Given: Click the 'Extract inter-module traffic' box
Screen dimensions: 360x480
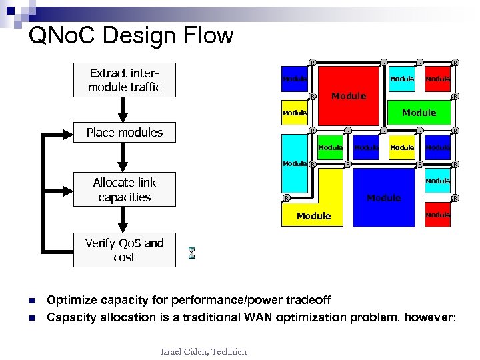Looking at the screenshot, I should click(x=125, y=80).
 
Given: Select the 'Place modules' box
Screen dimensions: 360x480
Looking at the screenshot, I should click(x=125, y=132).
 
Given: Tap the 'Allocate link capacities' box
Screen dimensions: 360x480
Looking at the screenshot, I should click(x=125, y=189).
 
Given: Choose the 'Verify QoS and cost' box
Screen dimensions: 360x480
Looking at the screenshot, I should click(x=125, y=250).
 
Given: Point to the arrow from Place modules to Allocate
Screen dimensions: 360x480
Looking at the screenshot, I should click(x=121, y=156).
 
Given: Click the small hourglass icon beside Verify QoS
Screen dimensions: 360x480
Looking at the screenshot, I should click(x=191, y=253).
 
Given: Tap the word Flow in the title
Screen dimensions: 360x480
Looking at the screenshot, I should click(x=210, y=35).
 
